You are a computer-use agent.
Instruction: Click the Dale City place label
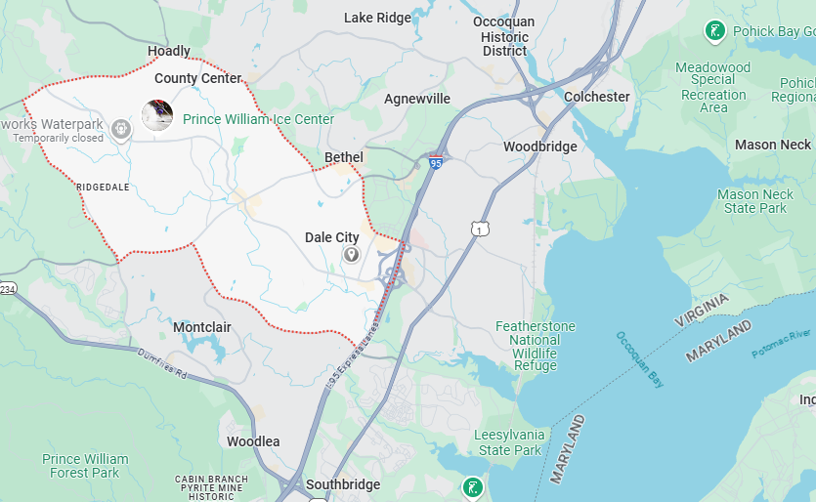(331, 237)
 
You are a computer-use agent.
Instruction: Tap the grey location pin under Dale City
(350, 255)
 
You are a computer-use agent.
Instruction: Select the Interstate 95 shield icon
(435, 162)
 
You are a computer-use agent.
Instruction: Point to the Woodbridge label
(539, 146)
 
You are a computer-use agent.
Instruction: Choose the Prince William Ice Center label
(258, 119)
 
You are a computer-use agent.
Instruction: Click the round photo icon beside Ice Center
(157, 115)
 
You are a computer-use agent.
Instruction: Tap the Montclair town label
(202, 327)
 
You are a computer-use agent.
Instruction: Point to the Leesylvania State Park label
(507, 442)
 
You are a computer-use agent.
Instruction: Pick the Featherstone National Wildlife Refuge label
(535, 346)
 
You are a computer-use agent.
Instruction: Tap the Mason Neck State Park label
(755, 201)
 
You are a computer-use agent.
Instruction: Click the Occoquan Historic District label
(503, 36)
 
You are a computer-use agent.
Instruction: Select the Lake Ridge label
(379, 18)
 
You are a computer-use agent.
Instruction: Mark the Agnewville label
(417, 99)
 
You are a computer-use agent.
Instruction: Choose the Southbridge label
(342, 484)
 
